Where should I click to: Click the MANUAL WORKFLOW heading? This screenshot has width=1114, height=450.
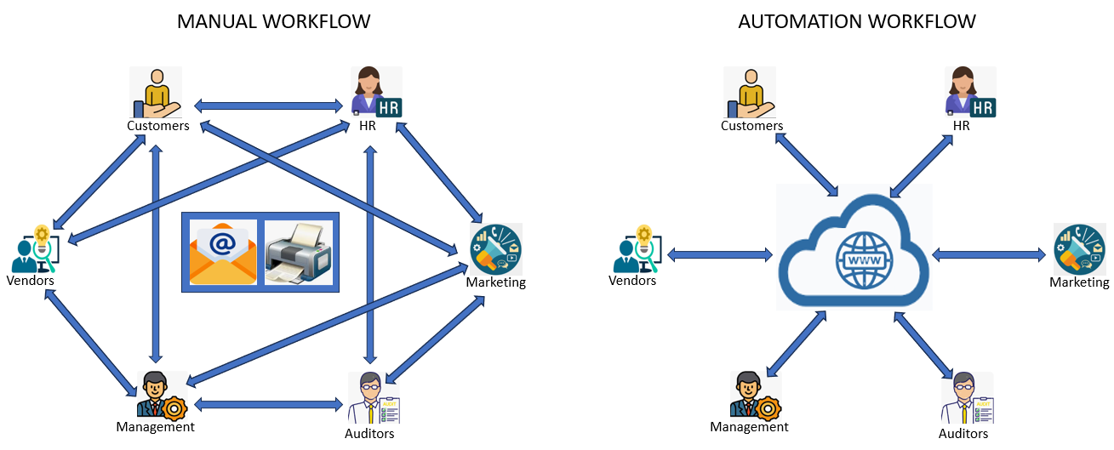click(273, 21)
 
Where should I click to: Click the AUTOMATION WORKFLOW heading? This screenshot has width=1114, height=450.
click(856, 21)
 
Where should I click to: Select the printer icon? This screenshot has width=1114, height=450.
click(297, 253)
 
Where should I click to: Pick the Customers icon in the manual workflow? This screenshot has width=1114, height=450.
click(156, 92)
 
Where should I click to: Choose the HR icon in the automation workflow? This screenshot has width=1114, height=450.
click(970, 92)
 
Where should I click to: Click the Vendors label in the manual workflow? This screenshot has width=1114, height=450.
click(31, 281)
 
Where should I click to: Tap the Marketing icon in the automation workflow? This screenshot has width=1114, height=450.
click(1078, 248)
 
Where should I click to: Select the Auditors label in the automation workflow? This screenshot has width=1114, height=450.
click(963, 434)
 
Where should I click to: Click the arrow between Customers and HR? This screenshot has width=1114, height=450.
click(268, 106)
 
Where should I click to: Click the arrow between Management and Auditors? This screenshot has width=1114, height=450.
click(269, 405)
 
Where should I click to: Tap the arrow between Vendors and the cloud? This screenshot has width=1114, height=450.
click(719, 254)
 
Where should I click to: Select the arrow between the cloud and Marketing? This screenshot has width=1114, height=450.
click(988, 254)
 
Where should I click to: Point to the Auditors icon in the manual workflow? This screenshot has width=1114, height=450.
click(373, 398)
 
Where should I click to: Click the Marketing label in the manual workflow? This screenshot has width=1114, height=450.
click(495, 282)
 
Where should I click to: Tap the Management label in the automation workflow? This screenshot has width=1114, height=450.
click(749, 427)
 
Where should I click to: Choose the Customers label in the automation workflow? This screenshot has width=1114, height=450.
click(751, 126)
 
